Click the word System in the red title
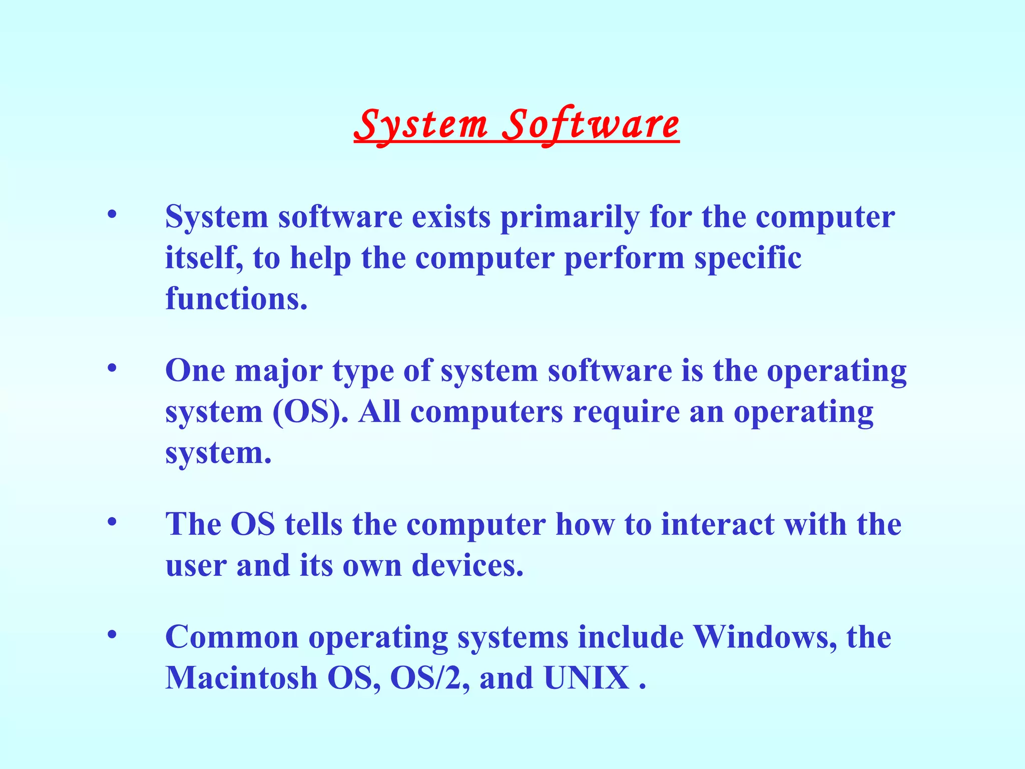click(x=420, y=125)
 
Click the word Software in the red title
click(x=591, y=125)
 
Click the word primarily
click(x=570, y=218)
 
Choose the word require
click(x=626, y=412)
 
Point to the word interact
click(x=718, y=525)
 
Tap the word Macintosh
click(x=241, y=678)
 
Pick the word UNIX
click(x=587, y=678)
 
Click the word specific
click(x=748, y=258)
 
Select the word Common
click(x=232, y=637)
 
